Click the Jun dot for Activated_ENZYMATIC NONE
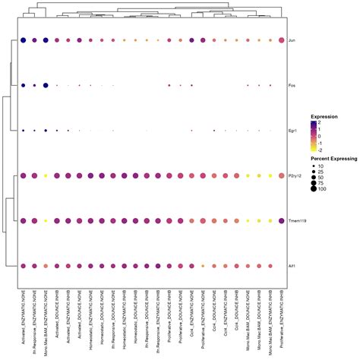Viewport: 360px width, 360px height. tap(24, 40)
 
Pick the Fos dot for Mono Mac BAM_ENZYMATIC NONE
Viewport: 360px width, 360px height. tap(46, 86)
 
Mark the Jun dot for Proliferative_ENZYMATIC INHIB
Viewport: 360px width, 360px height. tap(282, 40)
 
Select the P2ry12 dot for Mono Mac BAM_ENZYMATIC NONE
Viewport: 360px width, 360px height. tap(46, 175)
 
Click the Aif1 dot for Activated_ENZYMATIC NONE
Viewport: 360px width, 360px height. tap(24, 266)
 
